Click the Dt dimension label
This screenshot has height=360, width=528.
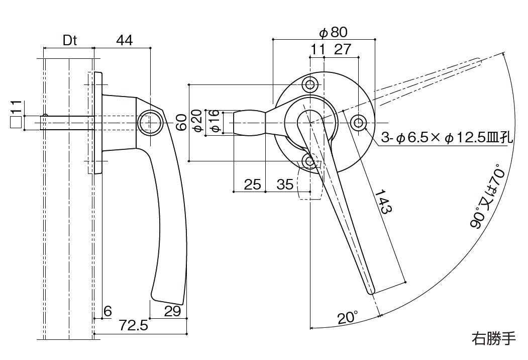click(x=70, y=41)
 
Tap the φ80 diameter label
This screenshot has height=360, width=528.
click(x=333, y=33)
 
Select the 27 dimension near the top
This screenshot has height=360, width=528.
click(x=342, y=50)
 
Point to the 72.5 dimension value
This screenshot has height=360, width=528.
click(x=134, y=326)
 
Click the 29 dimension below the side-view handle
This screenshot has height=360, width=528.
click(x=172, y=311)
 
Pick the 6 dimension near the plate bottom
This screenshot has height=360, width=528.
click(x=107, y=311)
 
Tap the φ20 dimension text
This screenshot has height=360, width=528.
click(x=197, y=122)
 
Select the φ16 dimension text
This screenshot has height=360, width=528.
click(x=215, y=122)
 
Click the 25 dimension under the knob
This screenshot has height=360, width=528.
click(x=252, y=184)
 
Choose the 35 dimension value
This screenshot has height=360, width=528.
click(x=285, y=184)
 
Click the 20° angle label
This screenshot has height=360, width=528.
click(x=347, y=318)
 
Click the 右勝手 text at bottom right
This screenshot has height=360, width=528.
click(x=493, y=338)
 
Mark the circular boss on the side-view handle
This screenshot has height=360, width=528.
click(x=149, y=123)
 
